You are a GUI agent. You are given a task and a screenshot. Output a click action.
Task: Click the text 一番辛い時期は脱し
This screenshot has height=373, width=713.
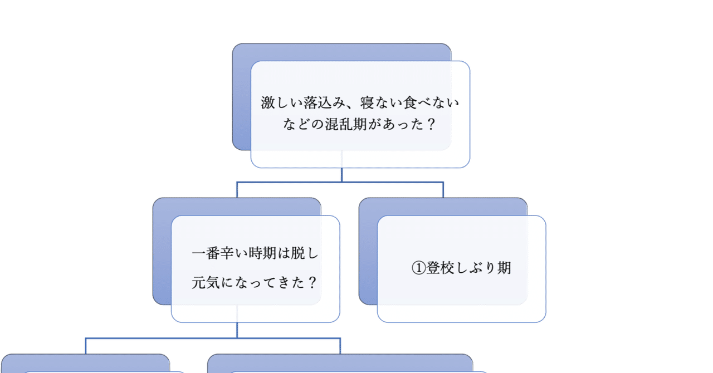click(255, 253)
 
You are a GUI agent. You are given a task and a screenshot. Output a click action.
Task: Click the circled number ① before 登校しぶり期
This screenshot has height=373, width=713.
click(418, 268)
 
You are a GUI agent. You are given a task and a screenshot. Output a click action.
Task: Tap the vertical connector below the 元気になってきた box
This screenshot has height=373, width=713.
click(237, 330)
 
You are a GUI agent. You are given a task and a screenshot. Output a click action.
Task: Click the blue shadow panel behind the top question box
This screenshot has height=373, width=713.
click(241, 100)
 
